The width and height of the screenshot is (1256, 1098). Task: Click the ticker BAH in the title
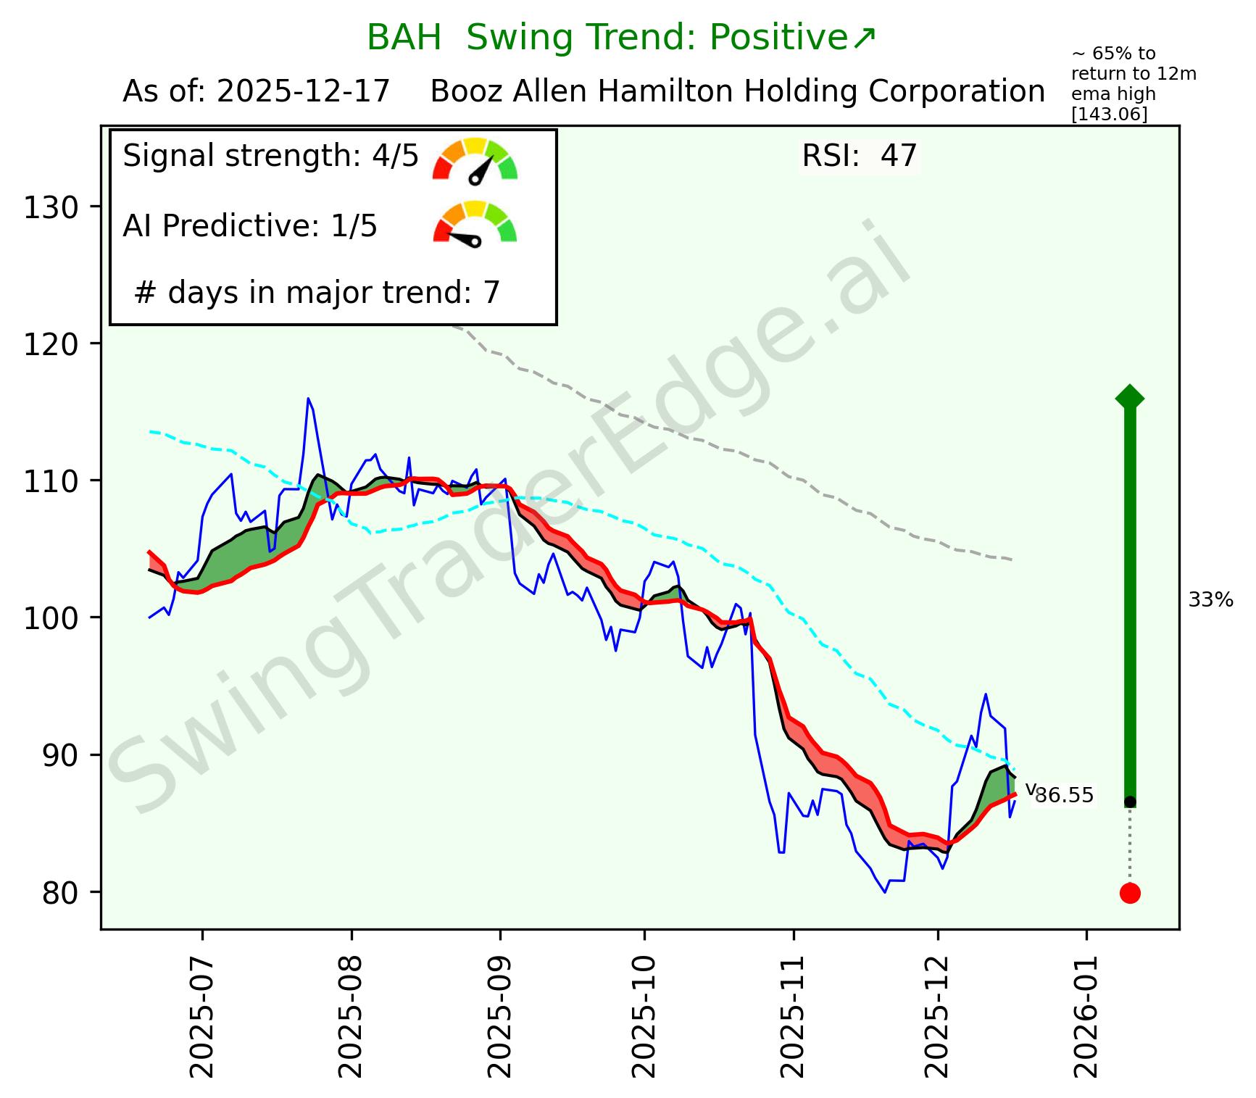coord(404,38)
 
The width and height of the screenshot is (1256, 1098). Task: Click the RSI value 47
coord(899,156)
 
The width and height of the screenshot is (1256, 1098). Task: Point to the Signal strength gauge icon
coord(475,159)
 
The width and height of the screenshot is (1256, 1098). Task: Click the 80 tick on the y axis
coord(59,893)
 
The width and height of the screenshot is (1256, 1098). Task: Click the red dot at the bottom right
coord(1129,893)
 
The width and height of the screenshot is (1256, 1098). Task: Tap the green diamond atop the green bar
coord(1130,397)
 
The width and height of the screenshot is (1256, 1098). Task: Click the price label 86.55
coord(1064,796)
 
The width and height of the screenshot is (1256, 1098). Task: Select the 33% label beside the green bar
coord(1210,600)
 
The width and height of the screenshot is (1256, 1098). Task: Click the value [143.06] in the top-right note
coord(1109,115)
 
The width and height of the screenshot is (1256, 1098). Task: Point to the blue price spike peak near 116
coord(308,399)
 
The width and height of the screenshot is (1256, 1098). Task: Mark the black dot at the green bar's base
coord(1130,802)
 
